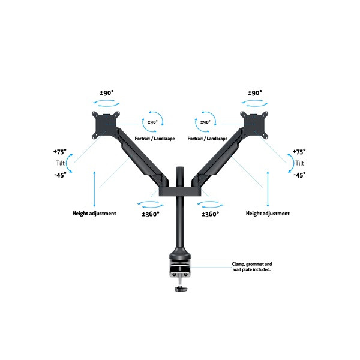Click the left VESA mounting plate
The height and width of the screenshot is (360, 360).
106,125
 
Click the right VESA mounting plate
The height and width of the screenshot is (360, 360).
254,125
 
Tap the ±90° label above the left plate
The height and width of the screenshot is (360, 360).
107,93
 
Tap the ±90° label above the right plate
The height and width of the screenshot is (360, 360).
255,93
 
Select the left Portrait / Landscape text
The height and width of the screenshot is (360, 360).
155,139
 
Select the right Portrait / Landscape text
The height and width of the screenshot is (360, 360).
208,139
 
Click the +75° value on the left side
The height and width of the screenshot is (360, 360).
59,152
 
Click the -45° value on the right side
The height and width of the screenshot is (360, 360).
299,175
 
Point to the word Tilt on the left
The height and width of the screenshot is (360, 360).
61,163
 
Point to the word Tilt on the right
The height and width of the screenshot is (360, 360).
299,163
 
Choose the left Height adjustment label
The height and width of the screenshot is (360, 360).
94,214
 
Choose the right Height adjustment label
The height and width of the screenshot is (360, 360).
268,214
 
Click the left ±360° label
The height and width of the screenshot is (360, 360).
151,214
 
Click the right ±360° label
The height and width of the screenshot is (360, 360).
211,214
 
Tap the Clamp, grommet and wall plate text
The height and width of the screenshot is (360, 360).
252,267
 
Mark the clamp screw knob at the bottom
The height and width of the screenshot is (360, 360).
181,289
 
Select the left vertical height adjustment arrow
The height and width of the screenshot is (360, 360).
94,189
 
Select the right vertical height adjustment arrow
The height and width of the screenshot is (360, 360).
268,189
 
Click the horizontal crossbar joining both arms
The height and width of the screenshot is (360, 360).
180,192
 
